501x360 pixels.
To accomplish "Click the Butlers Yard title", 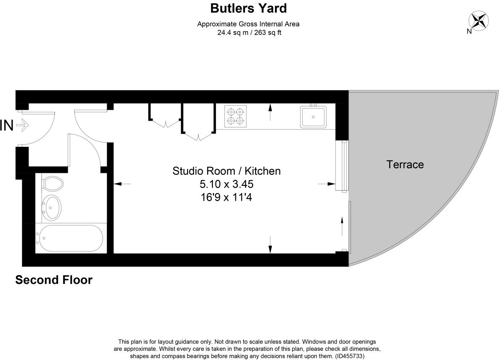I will pos(248,8).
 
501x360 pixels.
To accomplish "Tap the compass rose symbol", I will pos(478,20).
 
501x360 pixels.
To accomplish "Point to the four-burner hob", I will pos(235,116).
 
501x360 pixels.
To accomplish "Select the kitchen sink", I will pos(313,117).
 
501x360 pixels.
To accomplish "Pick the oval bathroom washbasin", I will pos(53,207).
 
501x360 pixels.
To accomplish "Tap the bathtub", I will pos(69,238).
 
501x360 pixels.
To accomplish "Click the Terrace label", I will pos(405,164).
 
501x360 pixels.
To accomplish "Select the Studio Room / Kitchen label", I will pos(226,171).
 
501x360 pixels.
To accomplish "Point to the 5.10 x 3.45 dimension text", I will pos(226,184).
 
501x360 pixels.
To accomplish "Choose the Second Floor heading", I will pos(54,280).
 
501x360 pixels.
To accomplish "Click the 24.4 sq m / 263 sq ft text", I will pos(249,32).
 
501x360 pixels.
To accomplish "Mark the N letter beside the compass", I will pos(469,31).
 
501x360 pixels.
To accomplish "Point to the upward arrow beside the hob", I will pos(270,113).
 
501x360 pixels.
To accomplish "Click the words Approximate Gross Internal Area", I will pos(248,24).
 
